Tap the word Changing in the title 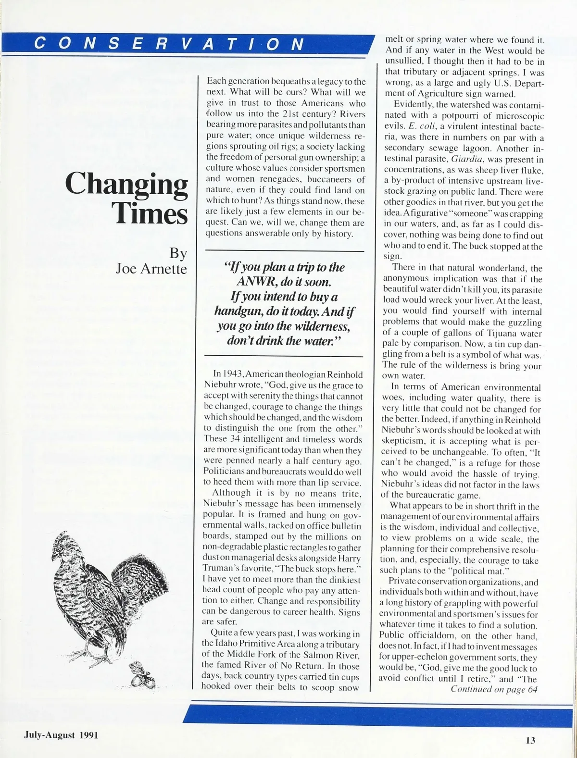click(126, 185)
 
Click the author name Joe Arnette click(151, 268)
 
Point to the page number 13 click(530, 740)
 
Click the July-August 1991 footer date click(61, 735)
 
